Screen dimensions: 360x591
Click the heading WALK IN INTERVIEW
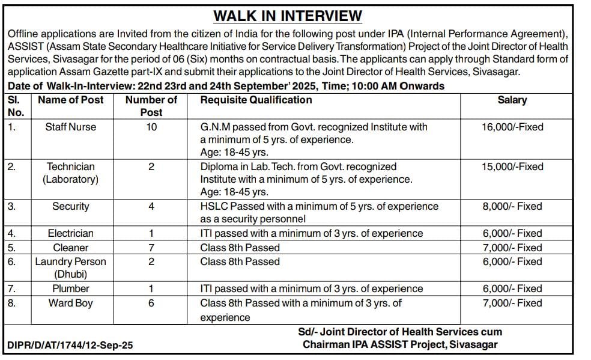(x=288, y=16)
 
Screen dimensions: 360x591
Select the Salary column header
(x=512, y=100)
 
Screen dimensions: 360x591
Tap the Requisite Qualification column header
(x=256, y=100)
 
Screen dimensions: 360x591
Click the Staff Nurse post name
(x=70, y=127)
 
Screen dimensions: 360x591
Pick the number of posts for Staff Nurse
(x=151, y=127)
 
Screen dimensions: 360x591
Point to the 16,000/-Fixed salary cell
(x=512, y=127)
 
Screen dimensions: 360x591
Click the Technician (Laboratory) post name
(x=70, y=173)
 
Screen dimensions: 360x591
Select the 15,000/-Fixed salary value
(x=512, y=166)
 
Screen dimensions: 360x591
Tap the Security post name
(x=70, y=206)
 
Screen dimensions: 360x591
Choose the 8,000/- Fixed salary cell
(x=512, y=206)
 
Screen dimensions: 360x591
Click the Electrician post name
(x=70, y=233)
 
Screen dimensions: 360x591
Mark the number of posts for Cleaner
(x=151, y=248)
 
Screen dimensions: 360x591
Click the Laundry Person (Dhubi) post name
(x=70, y=268)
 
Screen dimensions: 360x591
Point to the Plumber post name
(x=70, y=288)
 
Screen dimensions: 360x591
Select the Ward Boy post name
(x=70, y=303)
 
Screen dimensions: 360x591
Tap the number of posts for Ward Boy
(x=151, y=303)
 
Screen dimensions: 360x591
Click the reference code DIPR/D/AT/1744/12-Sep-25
(x=70, y=346)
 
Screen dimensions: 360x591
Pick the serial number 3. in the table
(x=12, y=206)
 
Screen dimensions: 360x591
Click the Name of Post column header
(x=70, y=100)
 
